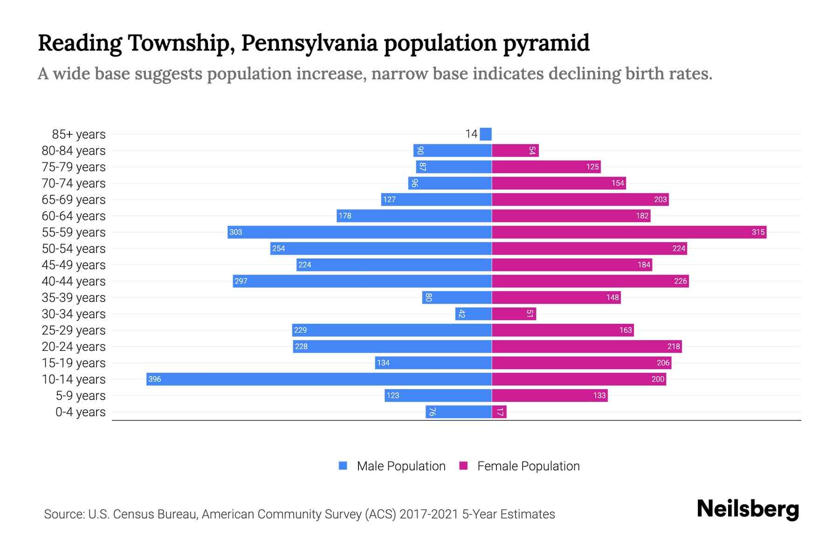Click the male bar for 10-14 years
tap(319, 379)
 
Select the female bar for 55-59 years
tap(629, 232)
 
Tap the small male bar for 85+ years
tap(486, 134)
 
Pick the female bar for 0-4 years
tap(499, 412)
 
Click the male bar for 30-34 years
tap(473, 314)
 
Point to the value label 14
tap(471, 134)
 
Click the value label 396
tap(154, 379)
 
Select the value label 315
tap(758, 232)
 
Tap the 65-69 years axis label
tap(74, 200)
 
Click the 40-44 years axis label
tap(74, 281)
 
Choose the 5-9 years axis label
tap(81, 396)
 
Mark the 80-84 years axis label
tap(74, 151)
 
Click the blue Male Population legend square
tap(343, 466)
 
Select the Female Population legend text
tap(528, 466)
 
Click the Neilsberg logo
tap(748, 509)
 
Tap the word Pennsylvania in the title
tap(309, 43)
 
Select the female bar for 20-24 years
tap(586, 346)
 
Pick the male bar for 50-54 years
tap(381, 248)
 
